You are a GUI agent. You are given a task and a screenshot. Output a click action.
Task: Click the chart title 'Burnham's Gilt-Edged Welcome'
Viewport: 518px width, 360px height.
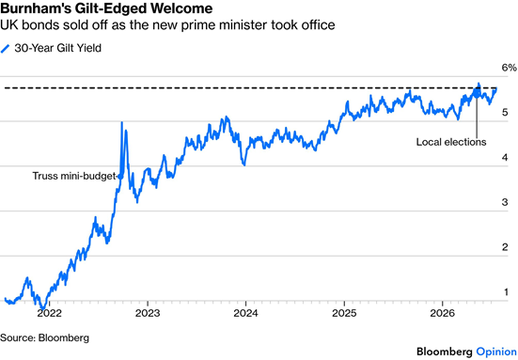pyautogui.click(x=106, y=8)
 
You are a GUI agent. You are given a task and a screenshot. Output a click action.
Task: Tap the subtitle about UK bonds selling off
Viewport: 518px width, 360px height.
pyautogui.click(x=167, y=25)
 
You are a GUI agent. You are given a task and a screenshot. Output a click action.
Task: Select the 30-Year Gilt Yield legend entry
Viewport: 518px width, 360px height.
pyautogui.click(x=51, y=48)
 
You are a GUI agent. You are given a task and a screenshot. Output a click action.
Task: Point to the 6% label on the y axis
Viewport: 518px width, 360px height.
pyautogui.click(x=510, y=68)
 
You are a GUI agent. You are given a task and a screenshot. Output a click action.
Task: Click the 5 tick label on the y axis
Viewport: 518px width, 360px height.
pyautogui.click(x=505, y=112)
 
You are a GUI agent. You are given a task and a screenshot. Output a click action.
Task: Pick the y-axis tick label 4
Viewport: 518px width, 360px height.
pyautogui.click(x=505, y=157)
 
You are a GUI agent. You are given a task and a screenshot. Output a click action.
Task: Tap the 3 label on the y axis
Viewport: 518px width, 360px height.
pyautogui.click(x=505, y=202)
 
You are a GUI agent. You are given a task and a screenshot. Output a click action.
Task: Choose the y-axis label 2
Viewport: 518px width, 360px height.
pyautogui.click(x=505, y=247)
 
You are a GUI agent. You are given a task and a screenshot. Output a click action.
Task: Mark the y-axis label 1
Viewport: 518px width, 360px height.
pyautogui.click(x=506, y=292)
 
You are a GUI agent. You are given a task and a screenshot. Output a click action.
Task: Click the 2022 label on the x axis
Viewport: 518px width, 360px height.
pyautogui.click(x=49, y=313)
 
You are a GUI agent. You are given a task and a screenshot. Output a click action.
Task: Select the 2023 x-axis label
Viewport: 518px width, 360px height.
pyautogui.click(x=148, y=313)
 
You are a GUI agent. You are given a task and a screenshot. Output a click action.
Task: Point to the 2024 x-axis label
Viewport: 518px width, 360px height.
pyautogui.click(x=245, y=313)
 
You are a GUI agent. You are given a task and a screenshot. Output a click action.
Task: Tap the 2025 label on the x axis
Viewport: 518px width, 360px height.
pyautogui.click(x=344, y=313)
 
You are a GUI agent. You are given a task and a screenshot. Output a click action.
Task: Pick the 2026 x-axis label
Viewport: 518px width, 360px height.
pyautogui.click(x=443, y=313)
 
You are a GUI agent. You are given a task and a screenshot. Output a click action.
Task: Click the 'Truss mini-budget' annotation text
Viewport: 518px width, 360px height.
pyautogui.click(x=74, y=176)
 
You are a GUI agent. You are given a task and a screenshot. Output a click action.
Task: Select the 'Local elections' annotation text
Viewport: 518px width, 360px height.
pyautogui.click(x=451, y=142)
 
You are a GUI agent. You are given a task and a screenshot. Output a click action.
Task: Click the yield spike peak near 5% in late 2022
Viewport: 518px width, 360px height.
pyautogui.click(x=122, y=122)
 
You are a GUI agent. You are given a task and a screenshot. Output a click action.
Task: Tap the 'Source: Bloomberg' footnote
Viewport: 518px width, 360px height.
pyautogui.click(x=44, y=337)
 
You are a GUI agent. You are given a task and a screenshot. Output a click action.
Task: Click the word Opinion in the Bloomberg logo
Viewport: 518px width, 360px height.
pyautogui.click(x=496, y=352)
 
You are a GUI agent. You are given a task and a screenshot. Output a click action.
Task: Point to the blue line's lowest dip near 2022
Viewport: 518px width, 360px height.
pyautogui.click(x=42, y=308)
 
